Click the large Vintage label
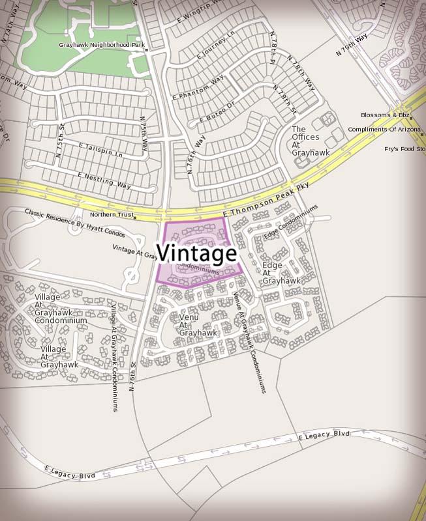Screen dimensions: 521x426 click(196, 252)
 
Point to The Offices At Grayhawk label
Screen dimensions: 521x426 click(311, 141)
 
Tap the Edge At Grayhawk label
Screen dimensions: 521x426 click(281, 273)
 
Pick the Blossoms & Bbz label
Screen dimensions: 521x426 click(385, 115)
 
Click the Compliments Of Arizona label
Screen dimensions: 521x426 click(384, 130)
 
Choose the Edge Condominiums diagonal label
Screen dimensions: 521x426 click(291, 221)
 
